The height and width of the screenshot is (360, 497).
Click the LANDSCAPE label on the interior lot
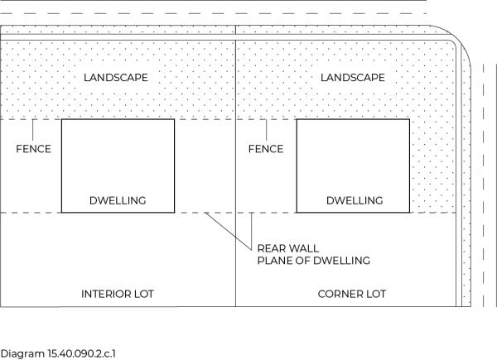click(117, 78)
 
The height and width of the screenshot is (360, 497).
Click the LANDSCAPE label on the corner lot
click(351, 78)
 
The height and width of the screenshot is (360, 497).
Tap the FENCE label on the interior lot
click(34, 149)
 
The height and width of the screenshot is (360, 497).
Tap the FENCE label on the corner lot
click(266, 149)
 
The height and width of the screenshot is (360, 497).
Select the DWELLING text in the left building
click(118, 200)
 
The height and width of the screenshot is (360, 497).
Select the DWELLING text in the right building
click(355, 200)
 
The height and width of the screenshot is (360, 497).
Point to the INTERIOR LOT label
click(118, 294)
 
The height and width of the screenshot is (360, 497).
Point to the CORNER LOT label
click(352, 294)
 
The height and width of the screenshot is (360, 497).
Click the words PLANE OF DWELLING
click(313, 261)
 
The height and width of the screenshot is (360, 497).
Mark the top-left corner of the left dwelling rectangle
click(62, 119)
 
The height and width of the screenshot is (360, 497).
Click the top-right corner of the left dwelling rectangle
click(175, 119)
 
